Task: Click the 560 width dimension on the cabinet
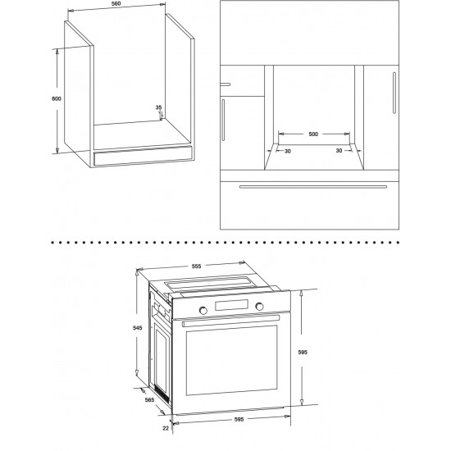(116, 4)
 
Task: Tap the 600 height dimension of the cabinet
(57, 98)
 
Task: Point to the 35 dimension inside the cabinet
(158, 107)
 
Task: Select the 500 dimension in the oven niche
(313, 134)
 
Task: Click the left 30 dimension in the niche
(288, 151)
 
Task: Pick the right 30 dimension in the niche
(339, 150)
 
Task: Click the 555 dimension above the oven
(197, 266)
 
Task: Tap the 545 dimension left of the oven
(138, 328)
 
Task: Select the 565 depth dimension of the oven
(149, 400)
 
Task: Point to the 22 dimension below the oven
(166, 428)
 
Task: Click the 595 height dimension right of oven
(303, 352)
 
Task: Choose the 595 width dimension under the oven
(239, 419)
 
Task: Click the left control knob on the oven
(203, 310)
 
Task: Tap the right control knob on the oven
(259, 307)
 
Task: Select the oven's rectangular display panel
(231, 305)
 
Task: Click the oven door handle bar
(231, 321)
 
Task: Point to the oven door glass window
(232, 360)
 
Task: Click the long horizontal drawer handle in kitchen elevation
(313, 187)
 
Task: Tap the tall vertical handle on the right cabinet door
(394, 93)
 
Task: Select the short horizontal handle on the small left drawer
(225, 84)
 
